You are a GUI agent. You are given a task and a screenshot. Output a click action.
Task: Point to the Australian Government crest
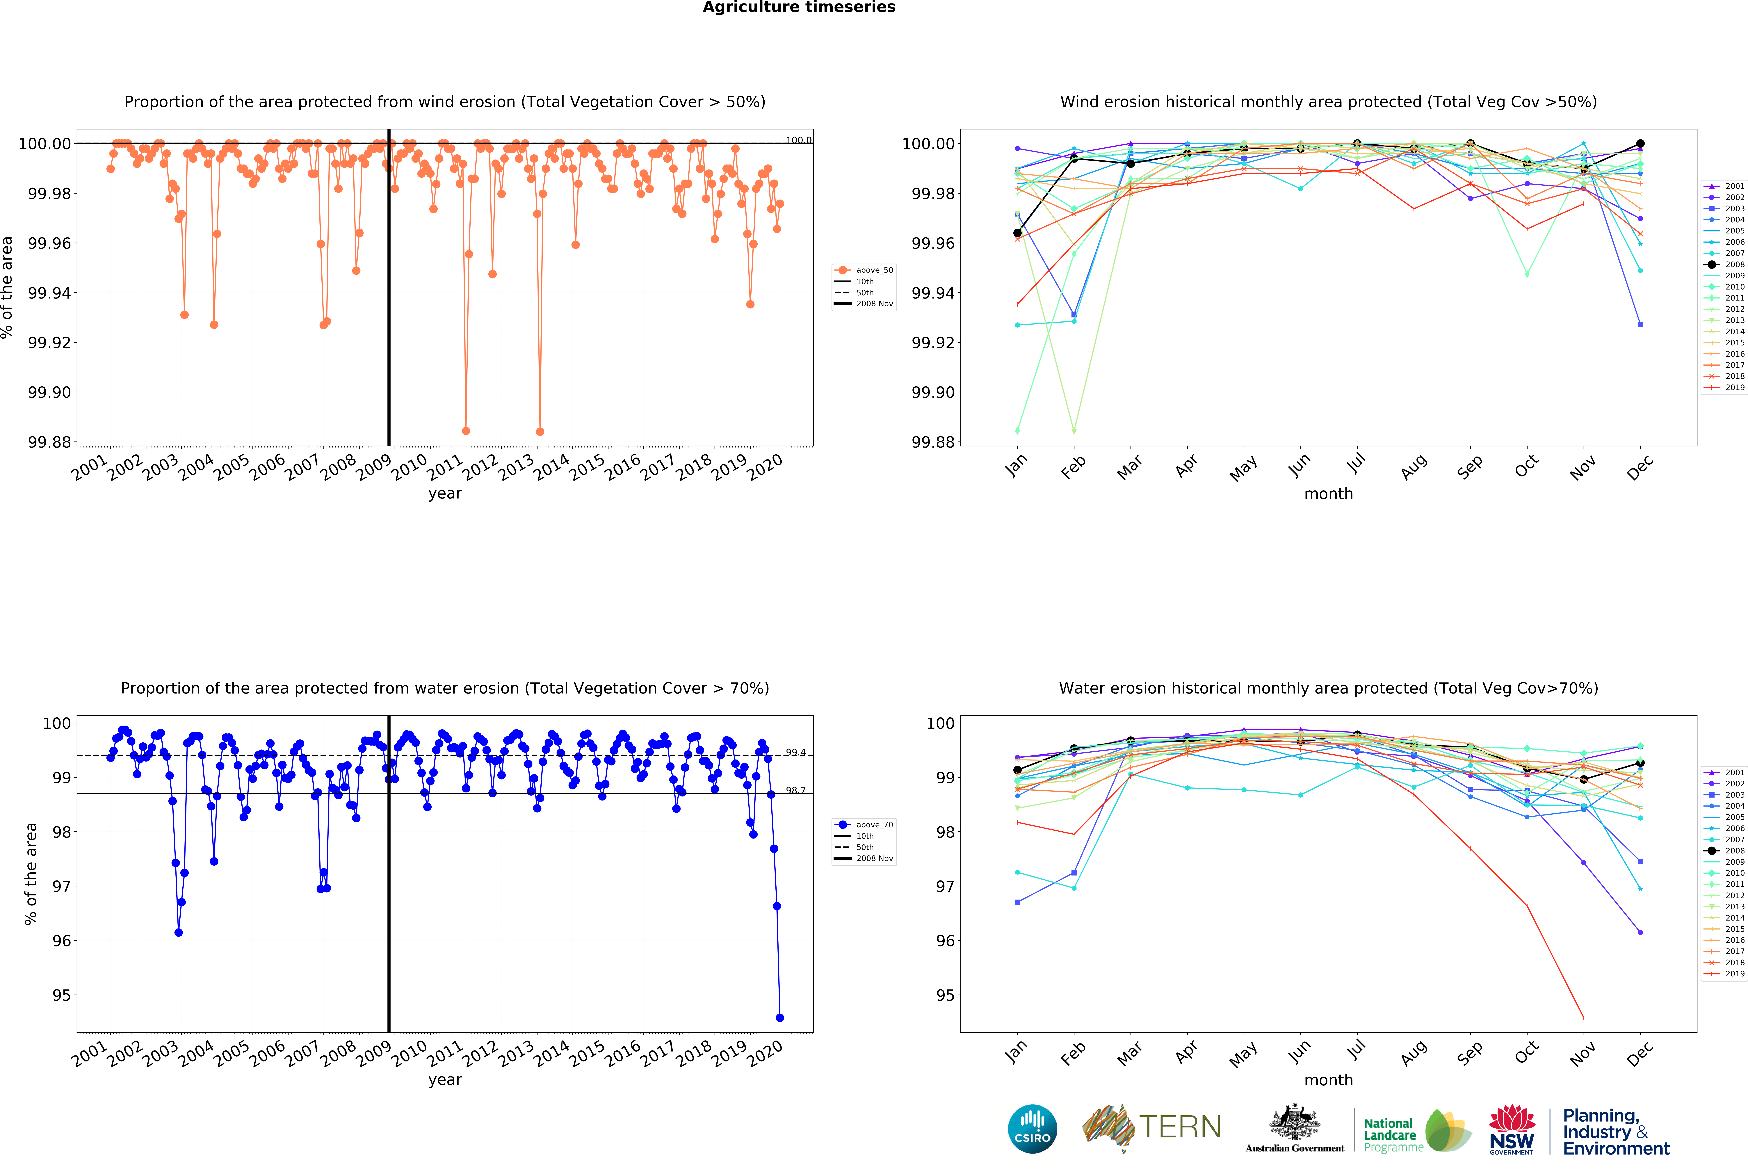click(x=1294, y=1123)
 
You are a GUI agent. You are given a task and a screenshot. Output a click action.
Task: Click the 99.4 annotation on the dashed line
click(x=795, y=753)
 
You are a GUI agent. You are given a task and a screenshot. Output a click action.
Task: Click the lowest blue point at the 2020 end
click(x=780, y=1018)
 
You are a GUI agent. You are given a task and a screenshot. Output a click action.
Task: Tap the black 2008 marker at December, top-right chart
click(x=1640, y=144)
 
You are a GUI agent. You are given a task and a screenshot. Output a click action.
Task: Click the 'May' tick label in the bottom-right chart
click(x=1243, y=1054)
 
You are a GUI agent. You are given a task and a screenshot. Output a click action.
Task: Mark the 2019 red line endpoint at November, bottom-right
click(x=1583, y=1018)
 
